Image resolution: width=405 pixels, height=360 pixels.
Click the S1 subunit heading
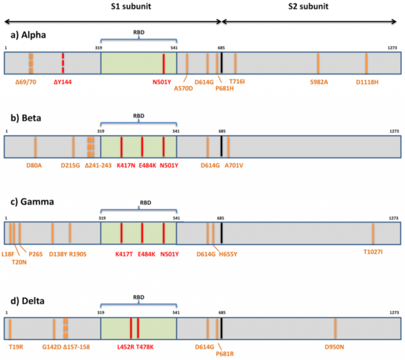[x=131, y=6]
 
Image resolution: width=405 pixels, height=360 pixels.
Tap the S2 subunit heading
[x=308, y=6]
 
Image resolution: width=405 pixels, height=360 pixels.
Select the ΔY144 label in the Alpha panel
[x=62, y=82]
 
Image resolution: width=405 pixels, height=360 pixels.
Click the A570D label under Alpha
[x=184, y=89]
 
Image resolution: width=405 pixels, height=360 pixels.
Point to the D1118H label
[x=367, y=82]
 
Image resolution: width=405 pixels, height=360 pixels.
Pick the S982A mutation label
[x=319, y=82]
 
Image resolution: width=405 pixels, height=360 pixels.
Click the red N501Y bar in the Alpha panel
[x=163, y=63]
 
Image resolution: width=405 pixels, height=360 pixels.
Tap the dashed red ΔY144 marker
[x=63, y=63]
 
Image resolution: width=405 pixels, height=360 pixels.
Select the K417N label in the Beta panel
[x=126, y=166]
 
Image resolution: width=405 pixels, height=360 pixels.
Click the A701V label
[x=234, y=166]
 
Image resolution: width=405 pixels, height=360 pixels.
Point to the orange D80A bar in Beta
[x=35, y=147]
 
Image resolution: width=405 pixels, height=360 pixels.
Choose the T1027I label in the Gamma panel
[x=373, y=252]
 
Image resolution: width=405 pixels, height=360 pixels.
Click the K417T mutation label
[x=124, y=254]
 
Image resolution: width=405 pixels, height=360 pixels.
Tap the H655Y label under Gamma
[x=228, y=254]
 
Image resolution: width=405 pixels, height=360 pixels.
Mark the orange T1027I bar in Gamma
[x=373, y=233]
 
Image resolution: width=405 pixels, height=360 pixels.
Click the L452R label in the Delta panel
[x=125, y=347]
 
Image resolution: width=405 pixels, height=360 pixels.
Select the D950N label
[x=334, y=347]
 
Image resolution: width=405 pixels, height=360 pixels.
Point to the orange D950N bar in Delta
[x=335, y=328]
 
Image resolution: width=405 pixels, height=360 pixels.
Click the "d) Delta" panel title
[x=27, y=301]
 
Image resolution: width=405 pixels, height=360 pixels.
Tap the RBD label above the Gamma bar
[x=146, y=203]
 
